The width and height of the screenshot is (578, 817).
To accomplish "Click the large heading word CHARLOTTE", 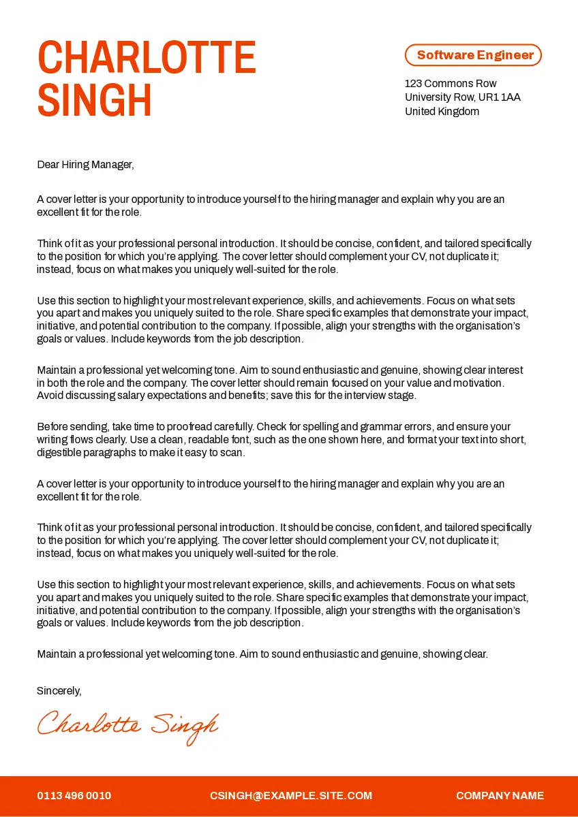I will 147,58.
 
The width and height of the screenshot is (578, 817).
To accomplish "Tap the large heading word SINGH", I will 95,101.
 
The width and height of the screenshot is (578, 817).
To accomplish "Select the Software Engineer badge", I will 473,55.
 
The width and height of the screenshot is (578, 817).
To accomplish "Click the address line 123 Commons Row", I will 451,84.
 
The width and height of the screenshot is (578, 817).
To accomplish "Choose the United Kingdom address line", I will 442,112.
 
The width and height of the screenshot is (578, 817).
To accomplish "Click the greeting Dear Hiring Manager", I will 85,164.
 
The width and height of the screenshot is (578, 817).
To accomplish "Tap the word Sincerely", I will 59,690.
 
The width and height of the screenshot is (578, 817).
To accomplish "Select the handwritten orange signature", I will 127,726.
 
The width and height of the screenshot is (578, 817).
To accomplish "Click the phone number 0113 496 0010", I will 74,796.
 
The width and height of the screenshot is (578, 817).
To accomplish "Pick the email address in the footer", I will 291,796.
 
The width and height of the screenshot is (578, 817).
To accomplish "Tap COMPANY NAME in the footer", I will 500,796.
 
